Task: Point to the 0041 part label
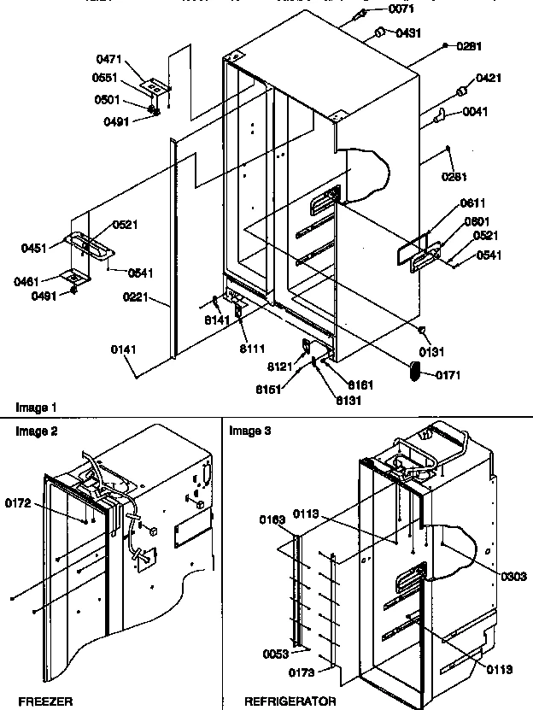coord(475,112)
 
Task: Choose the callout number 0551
coord(105,79)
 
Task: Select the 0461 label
coord(34,280)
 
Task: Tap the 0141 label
coord(120,349)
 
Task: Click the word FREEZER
coord(36,701)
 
